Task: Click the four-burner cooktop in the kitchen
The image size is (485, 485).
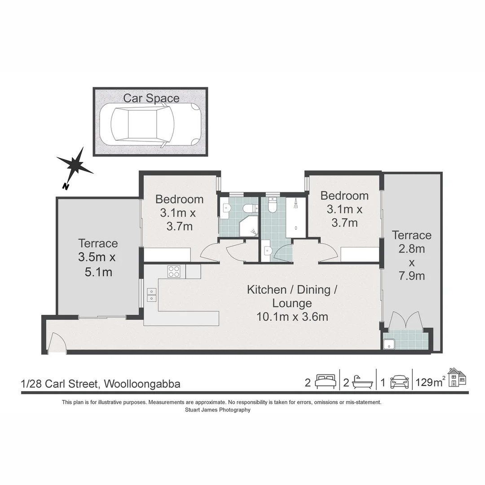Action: [x=174, y=271]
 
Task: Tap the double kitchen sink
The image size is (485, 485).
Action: [x=152, y=295]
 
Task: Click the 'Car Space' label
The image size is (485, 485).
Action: [x=151, y=98]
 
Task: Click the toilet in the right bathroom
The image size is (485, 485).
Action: [x=272, y=207]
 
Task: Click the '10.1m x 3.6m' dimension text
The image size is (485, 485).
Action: [x=292, y=317]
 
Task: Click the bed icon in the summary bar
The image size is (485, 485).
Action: [x=326, y=382]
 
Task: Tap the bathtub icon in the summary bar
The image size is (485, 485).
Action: [x=362, y=382]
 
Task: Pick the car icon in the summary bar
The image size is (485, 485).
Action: [x=400, y=382]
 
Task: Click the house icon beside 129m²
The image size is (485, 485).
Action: [x=457, y=377]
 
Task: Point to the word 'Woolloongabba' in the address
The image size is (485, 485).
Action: [x=142, y=384]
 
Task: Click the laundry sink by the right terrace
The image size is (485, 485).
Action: [x=389, y=344]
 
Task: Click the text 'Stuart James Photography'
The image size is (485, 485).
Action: [x=218, y=410]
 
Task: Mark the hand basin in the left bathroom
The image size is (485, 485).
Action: [x=226, y=208]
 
